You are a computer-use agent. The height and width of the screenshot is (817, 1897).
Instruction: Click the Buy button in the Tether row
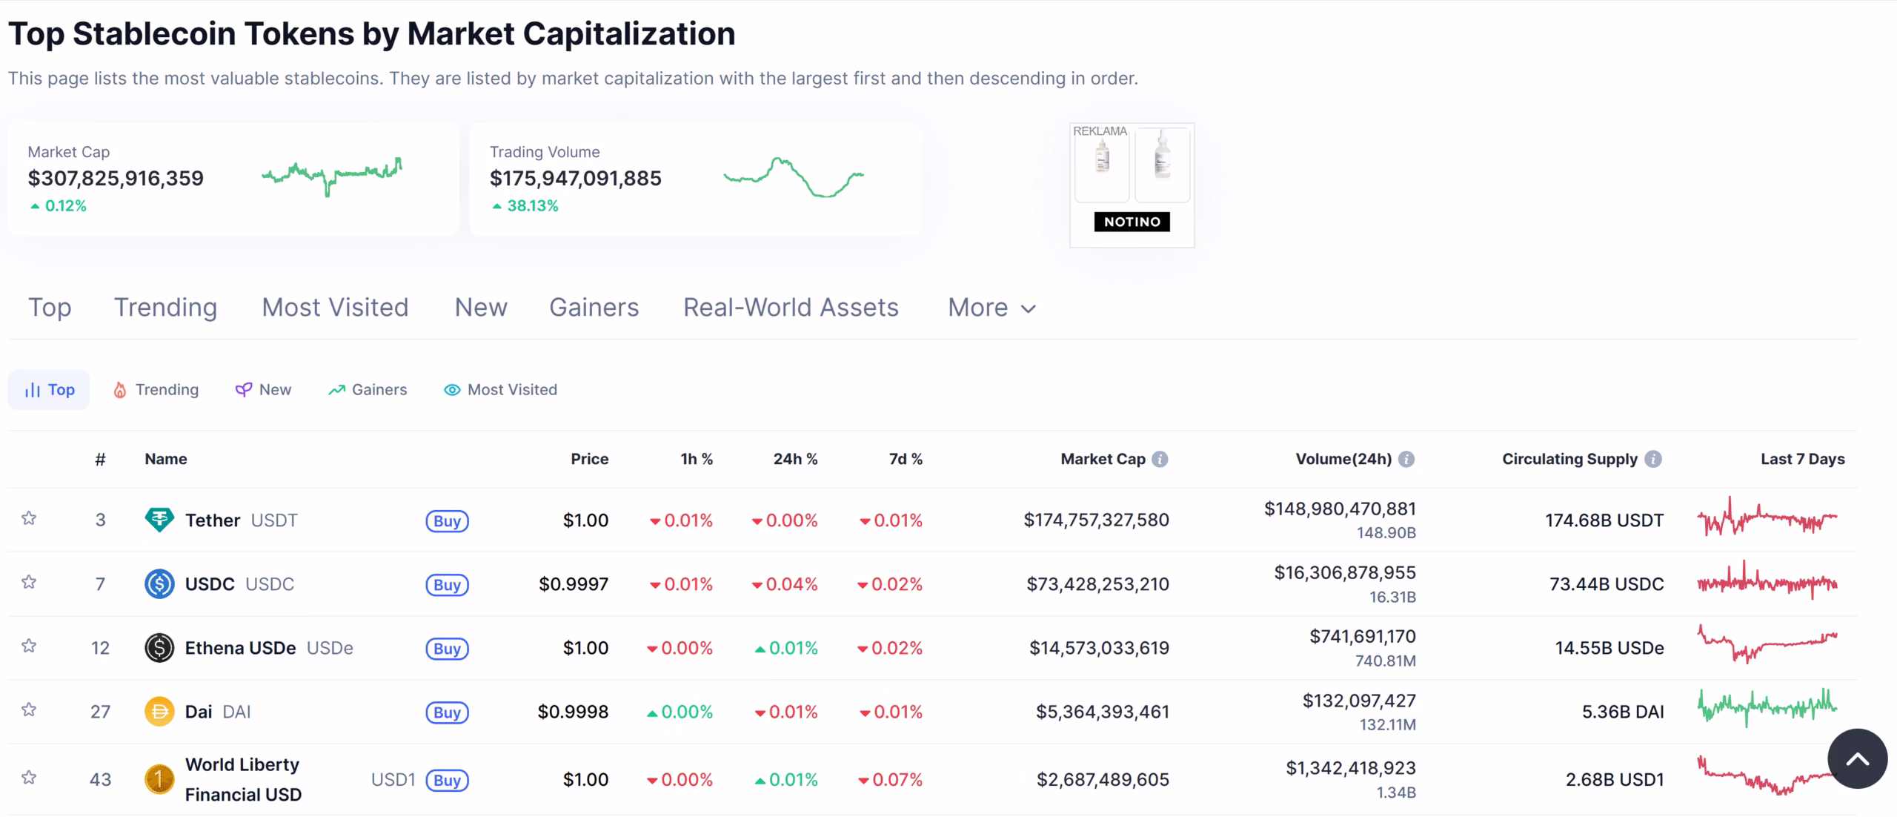[x=447, y=521]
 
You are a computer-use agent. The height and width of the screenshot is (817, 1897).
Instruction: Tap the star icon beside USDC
[x=29, y=582]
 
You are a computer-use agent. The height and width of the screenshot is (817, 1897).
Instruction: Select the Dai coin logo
[x=159, y=712]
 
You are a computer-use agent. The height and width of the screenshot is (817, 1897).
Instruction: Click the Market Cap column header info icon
[x=1160, y=460]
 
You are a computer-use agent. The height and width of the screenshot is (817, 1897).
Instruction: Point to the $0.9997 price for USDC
[x=574, y=584]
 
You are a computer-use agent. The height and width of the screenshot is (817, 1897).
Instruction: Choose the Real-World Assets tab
[x=791, y=308]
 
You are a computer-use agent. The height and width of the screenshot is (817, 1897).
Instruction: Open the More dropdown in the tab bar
[x=991, y=308]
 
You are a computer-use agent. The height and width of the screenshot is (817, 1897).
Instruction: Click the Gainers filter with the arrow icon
[x=368, y=390]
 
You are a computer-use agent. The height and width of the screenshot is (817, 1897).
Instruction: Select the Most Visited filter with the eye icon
[x=500, y=390]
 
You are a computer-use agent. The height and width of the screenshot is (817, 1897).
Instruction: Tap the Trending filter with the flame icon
[x=156, y=390]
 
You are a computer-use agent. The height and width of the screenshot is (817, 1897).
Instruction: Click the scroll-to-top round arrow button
[x=1857, y=758]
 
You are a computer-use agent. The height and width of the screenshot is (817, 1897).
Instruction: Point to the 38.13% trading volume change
[x=531, y=206]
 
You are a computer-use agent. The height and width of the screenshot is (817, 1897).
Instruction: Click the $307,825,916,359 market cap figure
[x=116, y=179]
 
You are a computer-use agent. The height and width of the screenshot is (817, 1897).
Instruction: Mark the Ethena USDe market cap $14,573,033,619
[x=1099, y=648]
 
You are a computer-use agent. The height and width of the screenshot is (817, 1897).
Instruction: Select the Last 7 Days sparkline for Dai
[x=1767, y=707]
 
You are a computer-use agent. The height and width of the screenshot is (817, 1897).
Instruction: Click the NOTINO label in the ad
[x=1132, y=222]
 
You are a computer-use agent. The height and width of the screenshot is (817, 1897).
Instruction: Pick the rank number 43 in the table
[x=100, y=780]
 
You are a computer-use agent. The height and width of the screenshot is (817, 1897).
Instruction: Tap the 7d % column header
[x=906, y=460]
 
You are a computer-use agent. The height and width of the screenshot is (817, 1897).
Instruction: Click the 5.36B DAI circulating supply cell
[x=1623, y=712]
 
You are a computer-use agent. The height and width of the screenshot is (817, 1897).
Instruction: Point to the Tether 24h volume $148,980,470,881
[x=1340, y=509]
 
